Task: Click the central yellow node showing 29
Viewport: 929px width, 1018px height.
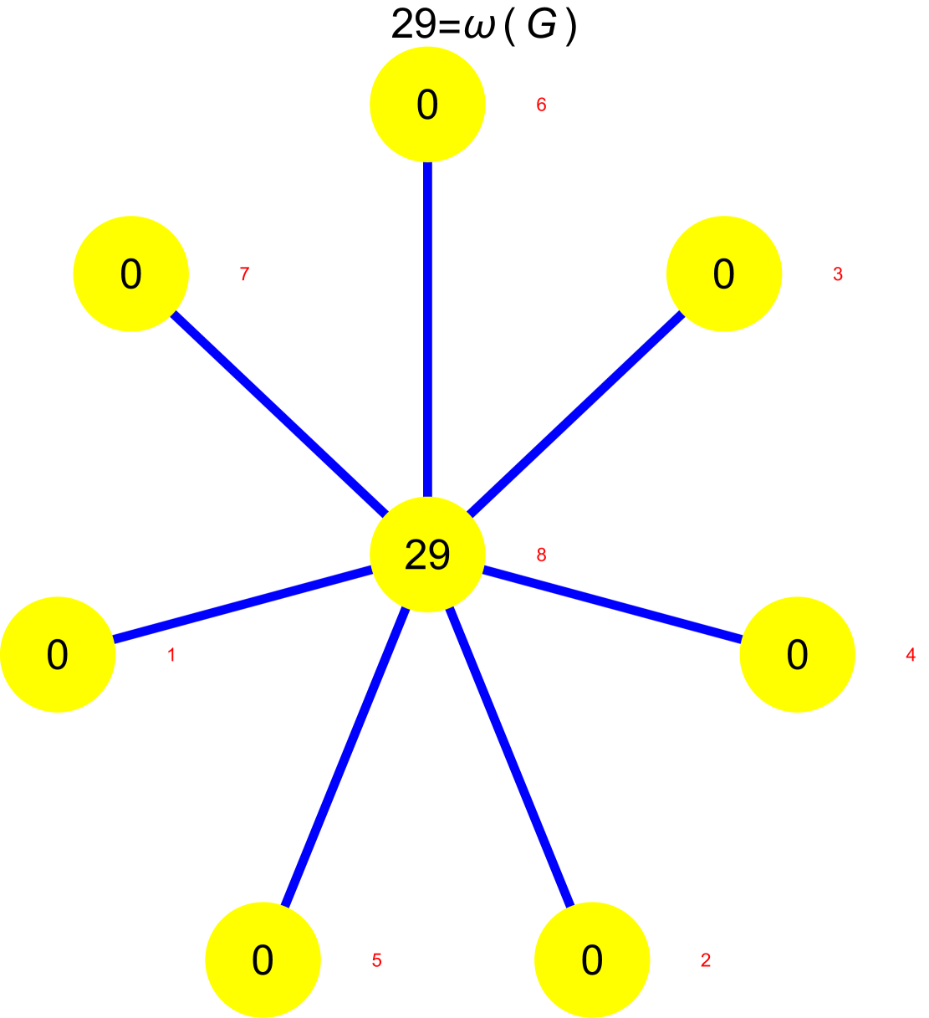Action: tap(427, 555)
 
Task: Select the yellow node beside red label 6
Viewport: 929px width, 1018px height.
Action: tap(427, 105)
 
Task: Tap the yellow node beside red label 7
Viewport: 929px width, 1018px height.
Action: tap(131, 274)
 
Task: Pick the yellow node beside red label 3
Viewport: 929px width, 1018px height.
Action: tap(724, 274)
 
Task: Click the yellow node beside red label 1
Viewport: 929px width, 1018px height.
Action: tap(58, 655)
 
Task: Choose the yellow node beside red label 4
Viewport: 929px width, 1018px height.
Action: tap(797, 655)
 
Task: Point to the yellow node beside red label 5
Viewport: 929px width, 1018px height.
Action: tap(263, 960)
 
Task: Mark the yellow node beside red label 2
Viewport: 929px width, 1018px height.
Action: tap(592, 960)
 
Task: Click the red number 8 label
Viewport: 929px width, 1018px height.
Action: tap(541, 555)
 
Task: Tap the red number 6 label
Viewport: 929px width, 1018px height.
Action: tap(541, 105)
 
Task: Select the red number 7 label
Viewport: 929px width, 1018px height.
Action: tap(244, 274)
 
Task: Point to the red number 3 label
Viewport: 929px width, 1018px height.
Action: tap(838, 274)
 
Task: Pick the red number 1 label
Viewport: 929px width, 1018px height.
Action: tap(171, 656)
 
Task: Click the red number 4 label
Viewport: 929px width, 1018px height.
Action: tap(911, 656)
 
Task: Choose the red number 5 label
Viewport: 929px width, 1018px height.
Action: tap(376, 960)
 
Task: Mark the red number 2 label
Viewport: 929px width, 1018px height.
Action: tap(706, 960)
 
